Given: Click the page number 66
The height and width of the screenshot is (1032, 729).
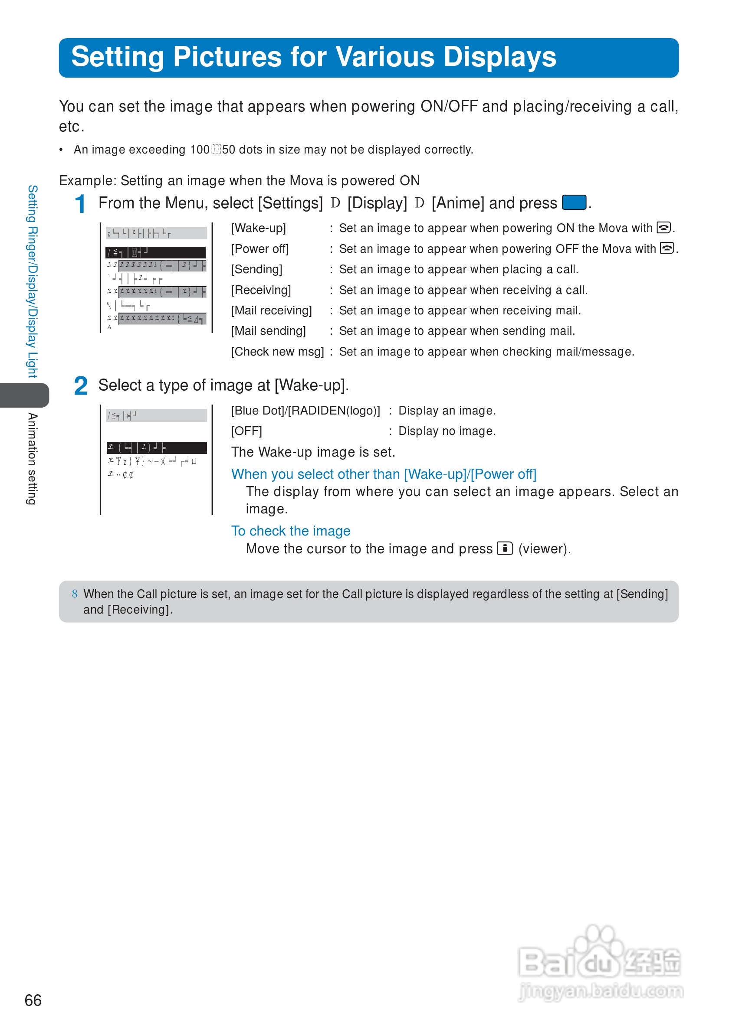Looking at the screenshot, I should click(x=33, y=1000).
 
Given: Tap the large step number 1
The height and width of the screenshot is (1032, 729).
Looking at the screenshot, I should click(x=80, y=205).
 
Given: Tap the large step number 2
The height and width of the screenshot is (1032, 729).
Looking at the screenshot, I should click(x=81, y=386).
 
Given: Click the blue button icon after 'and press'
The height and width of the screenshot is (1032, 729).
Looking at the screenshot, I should click(x=574, y=203).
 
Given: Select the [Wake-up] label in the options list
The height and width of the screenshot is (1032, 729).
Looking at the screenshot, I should click(x=258, y=229).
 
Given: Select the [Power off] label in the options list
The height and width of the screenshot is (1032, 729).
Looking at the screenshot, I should click(x=259, y=249).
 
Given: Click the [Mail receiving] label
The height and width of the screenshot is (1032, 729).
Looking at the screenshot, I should click(x=271, y=310).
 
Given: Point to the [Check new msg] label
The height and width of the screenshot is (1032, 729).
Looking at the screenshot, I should click(x=277, y=352).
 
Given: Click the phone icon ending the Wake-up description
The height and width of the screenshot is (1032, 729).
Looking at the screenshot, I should click(x=663, y=228).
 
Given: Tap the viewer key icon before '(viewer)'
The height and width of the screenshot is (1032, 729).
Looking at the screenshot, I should click(x=505, y=549).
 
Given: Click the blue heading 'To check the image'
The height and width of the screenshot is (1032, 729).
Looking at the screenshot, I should click(x=291, y=531).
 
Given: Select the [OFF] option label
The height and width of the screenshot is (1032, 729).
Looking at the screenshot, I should click(x=246, y=431).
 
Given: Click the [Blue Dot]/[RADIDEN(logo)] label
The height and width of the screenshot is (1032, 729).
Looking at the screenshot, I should click(x=305, y=411).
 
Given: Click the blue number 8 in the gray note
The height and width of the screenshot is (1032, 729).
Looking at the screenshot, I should click(x=75, y=594).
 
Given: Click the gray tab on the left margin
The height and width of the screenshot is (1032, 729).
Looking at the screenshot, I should click(x=25, y=395).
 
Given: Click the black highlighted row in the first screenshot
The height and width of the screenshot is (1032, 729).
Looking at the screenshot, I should click(x=156, y=253).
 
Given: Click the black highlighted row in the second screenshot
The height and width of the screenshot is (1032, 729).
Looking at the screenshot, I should click(x=157, y=447).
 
